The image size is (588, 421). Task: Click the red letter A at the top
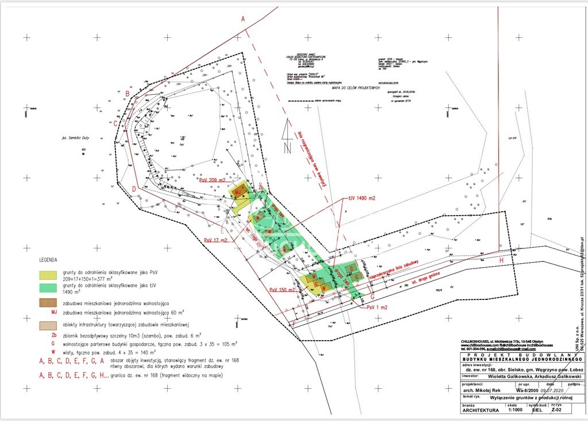click(x=243, y=19)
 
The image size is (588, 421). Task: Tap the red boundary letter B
click(x=127, y=94)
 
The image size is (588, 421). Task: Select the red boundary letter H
click(x=501, y=260)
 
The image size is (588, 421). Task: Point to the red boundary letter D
click(x=133, y=189)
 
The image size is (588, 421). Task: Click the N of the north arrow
click(x=287, y=147)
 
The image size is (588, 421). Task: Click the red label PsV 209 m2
click(x=214, y=180)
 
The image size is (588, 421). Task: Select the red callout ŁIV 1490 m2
click(x=362, y=198)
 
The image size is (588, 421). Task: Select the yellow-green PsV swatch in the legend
click(x=48, y=275)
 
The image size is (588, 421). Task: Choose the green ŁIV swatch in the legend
click(x=48, y=287)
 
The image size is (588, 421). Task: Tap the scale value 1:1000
click(x=513, y=411)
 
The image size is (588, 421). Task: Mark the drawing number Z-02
click(x=555, y=411)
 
